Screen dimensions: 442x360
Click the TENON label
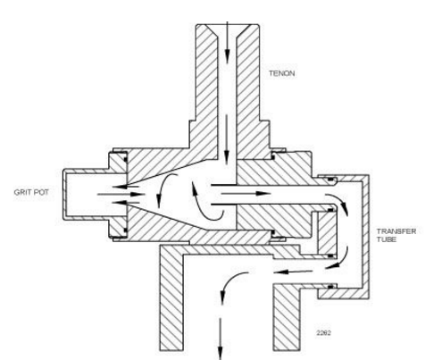pos(281,73)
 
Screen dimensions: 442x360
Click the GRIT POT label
pos(31,192)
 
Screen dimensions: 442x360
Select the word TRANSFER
pos(396,231)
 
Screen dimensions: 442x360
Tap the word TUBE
pos(387,239)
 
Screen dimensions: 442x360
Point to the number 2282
pos(323,333)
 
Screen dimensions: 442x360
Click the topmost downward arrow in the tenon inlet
pos(227,42)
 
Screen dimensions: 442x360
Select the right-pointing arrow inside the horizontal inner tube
pos(246,194)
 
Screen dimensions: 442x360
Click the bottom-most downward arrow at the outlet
pos(221,339)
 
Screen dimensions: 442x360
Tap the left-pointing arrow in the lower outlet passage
pos(293,272)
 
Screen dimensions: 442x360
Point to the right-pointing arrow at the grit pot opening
pos(121,195)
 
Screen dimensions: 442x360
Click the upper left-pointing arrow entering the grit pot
pos(125,187)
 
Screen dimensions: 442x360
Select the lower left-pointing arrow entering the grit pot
pos(125,203)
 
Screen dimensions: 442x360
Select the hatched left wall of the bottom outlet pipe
pos(171,297)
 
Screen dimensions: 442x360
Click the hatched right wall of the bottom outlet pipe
pos(287,318)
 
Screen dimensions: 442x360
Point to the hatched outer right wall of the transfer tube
pos(366,236)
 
